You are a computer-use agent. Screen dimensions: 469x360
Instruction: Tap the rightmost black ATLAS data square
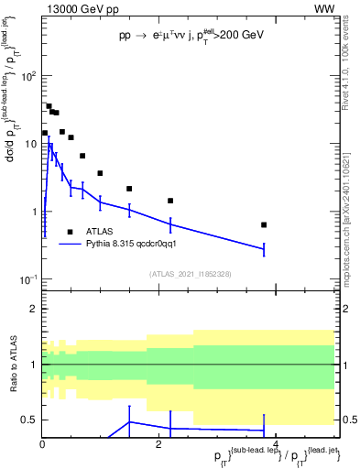[x=264, y=224]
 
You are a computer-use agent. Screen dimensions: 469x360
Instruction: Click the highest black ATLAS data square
[x=49, y=106]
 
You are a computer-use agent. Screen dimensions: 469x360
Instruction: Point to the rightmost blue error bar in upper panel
[x=264, y=248]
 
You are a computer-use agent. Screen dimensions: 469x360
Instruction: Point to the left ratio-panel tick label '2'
[x=32, y=309]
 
